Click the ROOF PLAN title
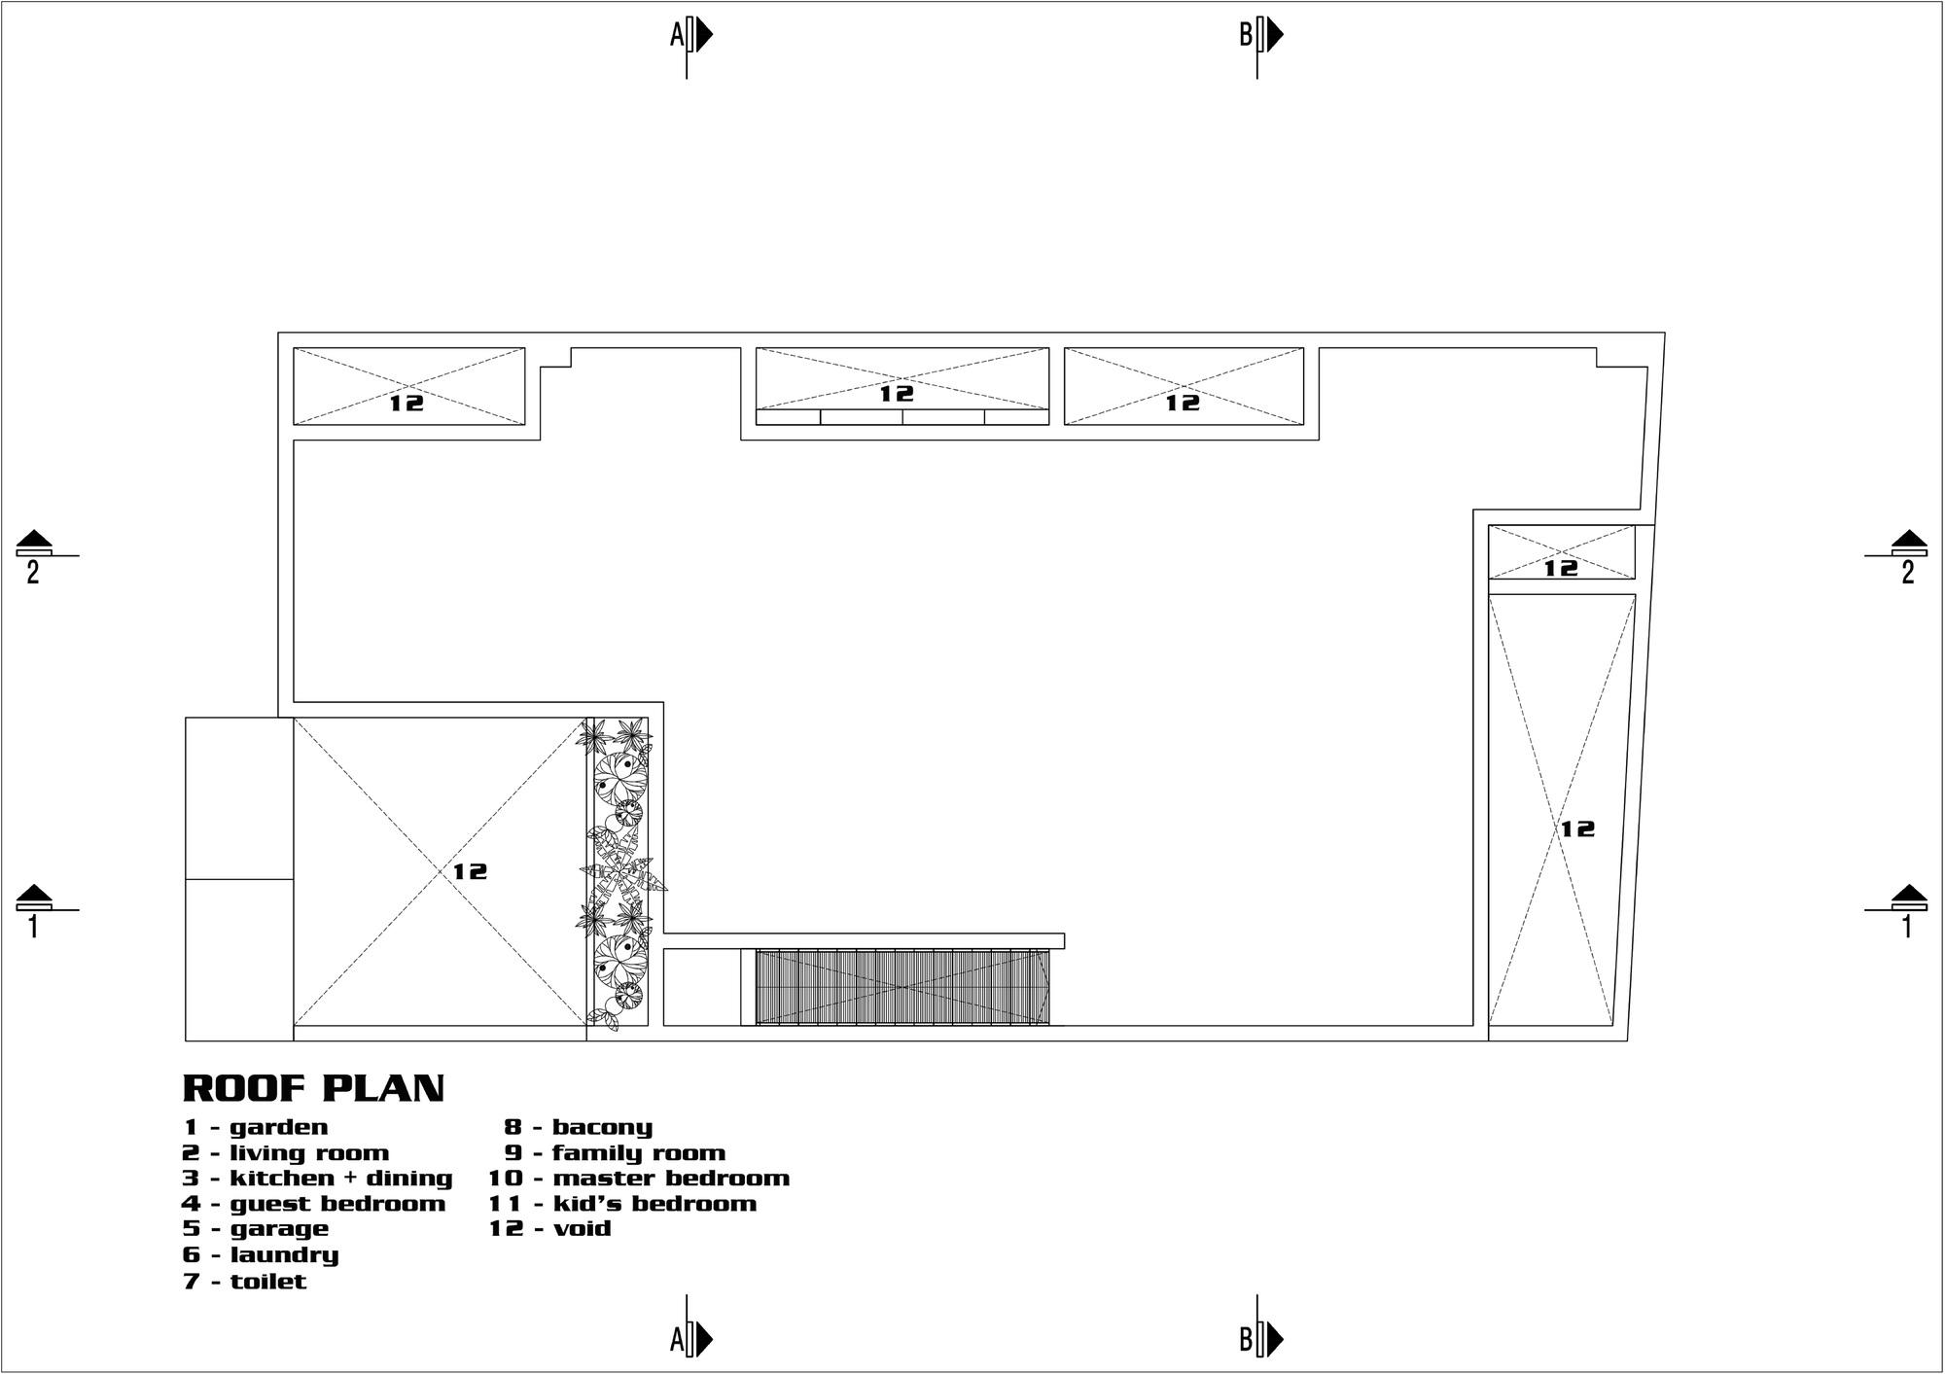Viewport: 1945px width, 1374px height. [313, 1088]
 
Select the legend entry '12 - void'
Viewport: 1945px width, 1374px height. [550, 1228]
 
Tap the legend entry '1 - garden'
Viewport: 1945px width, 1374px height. [256, 1127]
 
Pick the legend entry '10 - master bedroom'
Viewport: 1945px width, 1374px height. [639, 1179]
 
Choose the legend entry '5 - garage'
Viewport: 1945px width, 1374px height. [256, 1229]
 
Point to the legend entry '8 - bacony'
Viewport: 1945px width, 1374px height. [578, 1127]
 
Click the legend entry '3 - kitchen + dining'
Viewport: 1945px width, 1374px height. [318, 1179]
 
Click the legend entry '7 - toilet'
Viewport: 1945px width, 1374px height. [245, 1281]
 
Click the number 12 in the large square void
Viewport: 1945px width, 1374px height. [470, 871]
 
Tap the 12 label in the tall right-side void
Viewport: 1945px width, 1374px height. [1577, 828]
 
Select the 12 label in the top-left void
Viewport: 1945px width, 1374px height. [407, 402]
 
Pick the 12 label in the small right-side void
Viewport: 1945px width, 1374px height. [1561, 567]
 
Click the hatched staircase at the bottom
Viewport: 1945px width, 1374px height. [902, 987]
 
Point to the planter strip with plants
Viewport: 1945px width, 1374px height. [619, 871]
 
